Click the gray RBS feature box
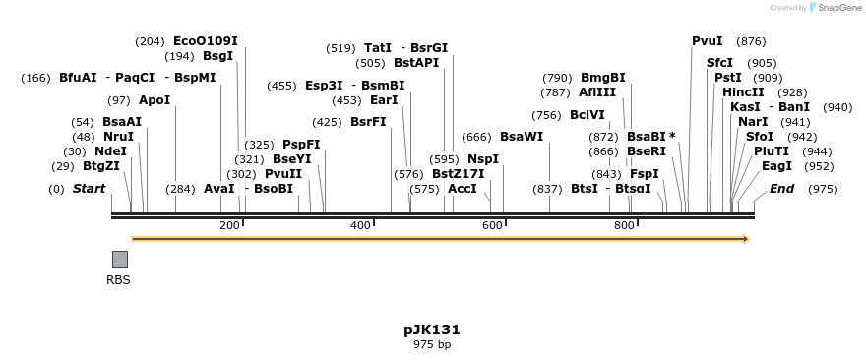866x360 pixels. click(x=119, y=259)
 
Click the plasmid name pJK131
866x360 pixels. click(x=432, y=330)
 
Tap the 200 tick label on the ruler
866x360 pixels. click(x=229, y=225)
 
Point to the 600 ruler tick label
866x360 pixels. click(x=492, y=225)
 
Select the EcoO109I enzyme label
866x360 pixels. click(x=205, y=41)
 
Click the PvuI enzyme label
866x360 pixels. click(x=707, y=41)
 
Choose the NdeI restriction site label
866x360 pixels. click(x=111, y=151)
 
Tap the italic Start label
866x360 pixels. click(x=89, y=189)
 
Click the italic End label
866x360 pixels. click(x=781, y=189)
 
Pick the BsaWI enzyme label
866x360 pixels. click(x=522, y=137)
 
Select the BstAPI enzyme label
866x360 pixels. click(x=416, y=63)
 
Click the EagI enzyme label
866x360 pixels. click(x=776, y=166)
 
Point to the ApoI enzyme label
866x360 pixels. click(x=155, y=100)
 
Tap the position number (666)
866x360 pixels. click(x=476, y=137)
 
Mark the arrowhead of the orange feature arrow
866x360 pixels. click(x=746, y=239)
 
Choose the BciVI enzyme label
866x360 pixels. click(x=588, y=115)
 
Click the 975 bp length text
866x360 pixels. click(x=432, y=345)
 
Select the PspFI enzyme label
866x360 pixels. click(x=301, y=145)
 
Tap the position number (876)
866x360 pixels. click(x=751, y=41)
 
